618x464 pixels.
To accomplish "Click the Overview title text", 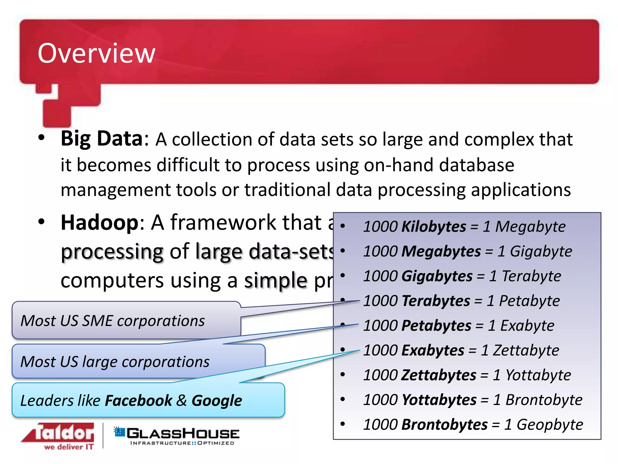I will (96, 53).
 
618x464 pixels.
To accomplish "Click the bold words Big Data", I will (102, 139).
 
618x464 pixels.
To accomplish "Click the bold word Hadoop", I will (99, 223).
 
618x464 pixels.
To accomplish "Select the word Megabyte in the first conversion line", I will (530, 227).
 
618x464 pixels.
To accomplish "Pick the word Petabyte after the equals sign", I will (529, 301).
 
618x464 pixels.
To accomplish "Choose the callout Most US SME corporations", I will (113, 321).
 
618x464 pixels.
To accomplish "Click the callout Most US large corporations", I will (115, 362).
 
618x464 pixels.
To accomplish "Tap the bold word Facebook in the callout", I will (138, 401).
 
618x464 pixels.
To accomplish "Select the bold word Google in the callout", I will (217, 401).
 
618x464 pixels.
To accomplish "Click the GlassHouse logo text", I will (183, 434).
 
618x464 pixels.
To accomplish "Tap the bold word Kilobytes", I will (434, 227).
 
